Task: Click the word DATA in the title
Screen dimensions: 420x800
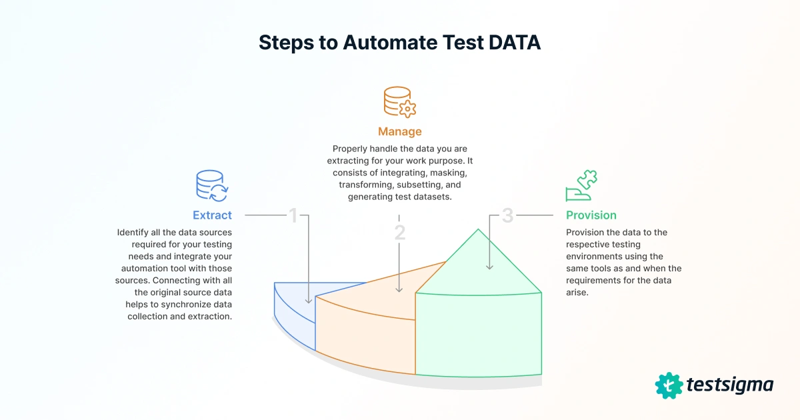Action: (515, 42)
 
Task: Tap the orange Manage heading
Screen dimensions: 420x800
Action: (399, 131)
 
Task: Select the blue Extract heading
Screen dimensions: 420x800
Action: (212, 215)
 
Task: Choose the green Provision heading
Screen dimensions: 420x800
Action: (591, 215)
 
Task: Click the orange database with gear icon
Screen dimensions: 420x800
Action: (399, 102)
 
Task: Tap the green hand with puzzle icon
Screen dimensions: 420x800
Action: (581, 186)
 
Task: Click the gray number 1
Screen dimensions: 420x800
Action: (293, 215)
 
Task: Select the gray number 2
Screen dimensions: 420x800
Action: (399, 233)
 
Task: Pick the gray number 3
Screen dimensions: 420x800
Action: (507, 215)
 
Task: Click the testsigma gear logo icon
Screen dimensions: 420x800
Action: (669, 385)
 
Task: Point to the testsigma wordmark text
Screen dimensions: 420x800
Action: (730, 385)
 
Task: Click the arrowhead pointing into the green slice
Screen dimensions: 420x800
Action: (490, 267)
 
